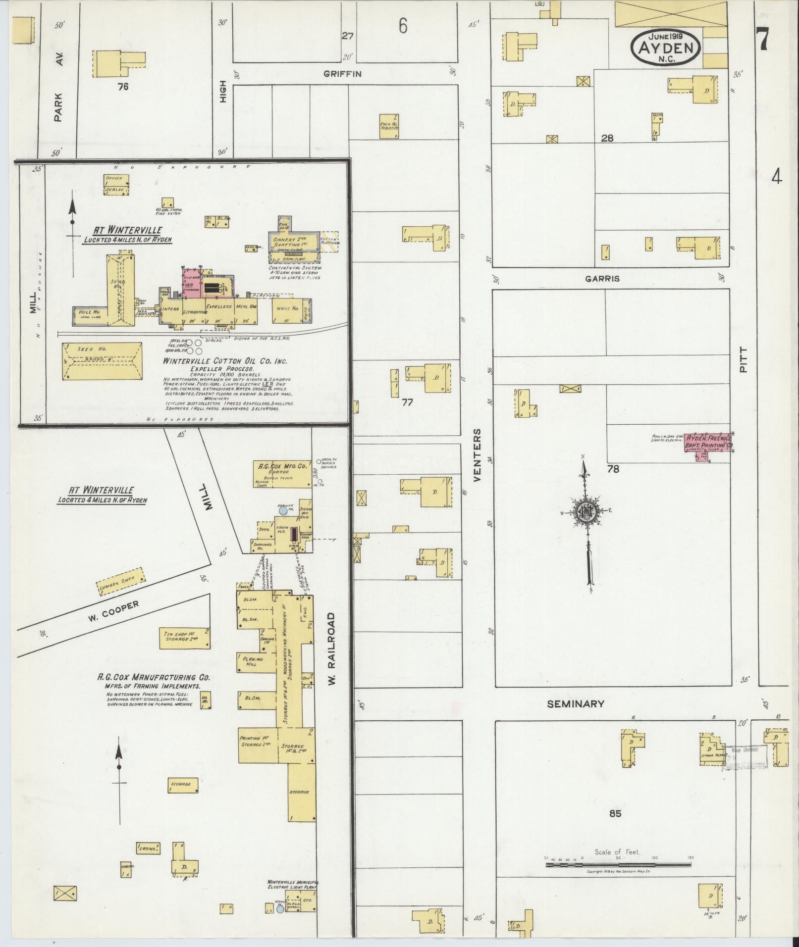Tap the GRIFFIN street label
343,74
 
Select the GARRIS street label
602,279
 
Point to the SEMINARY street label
575,703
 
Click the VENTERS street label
477,455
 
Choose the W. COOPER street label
114,612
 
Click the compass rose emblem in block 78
586,514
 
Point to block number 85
615,813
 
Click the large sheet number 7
762,38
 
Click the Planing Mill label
253,662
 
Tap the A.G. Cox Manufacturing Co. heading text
154,677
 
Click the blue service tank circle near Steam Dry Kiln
283,510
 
